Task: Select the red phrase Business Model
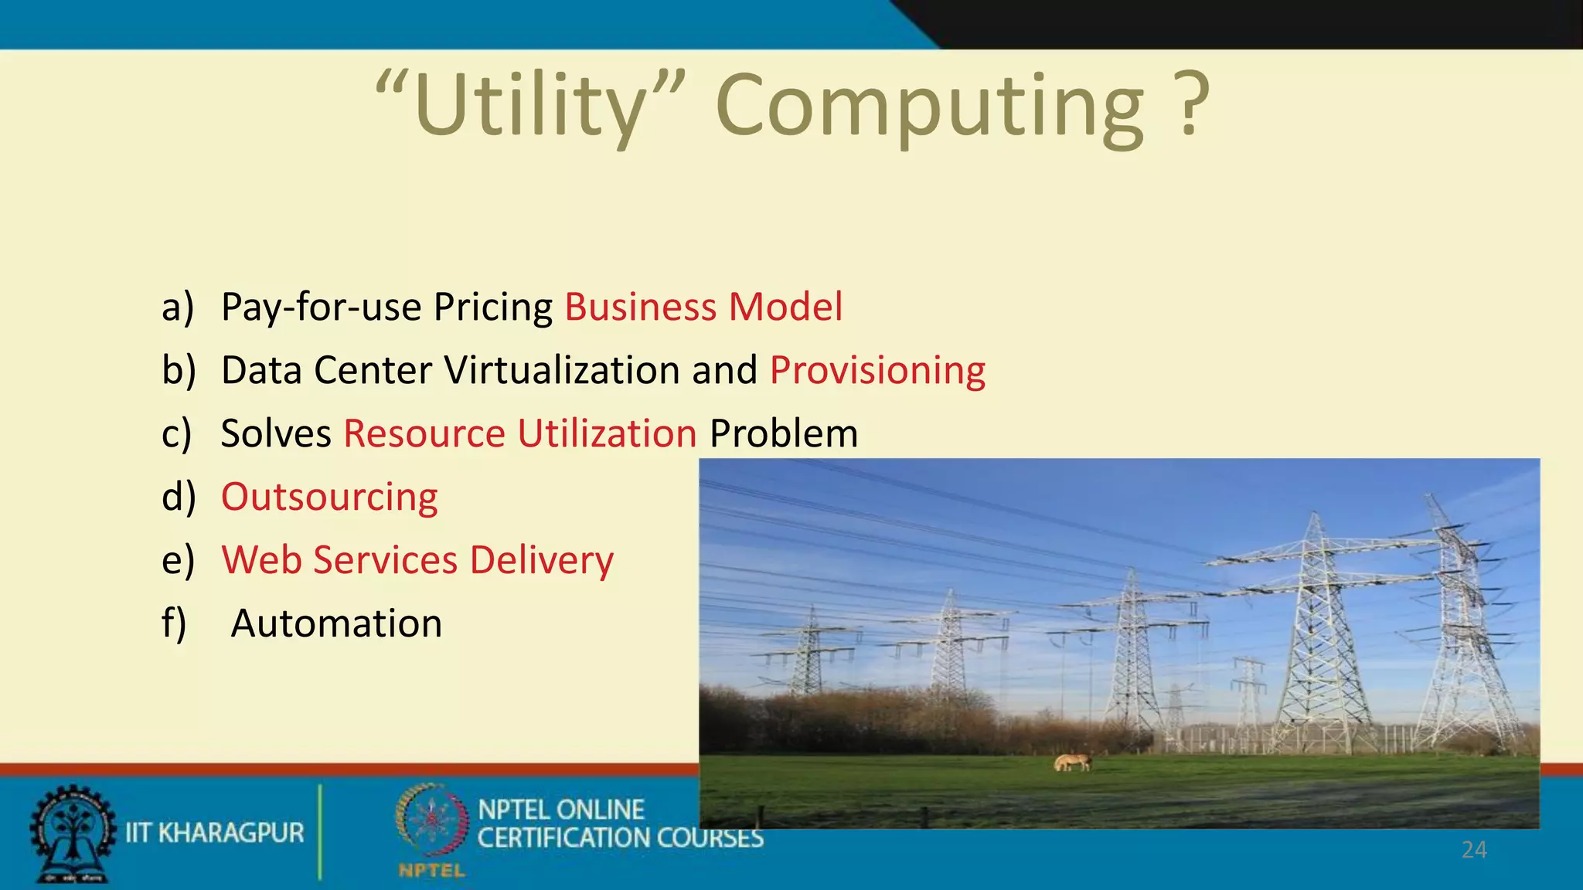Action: click(703, 307)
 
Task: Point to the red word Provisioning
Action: click(877, 370)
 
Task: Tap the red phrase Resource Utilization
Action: click(520, 433)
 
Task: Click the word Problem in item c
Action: click(784, 433)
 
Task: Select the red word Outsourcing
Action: click(329, 497)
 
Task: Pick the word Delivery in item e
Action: click(541, 560)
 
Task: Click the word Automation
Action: click(336, 623)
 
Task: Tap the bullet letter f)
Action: click(174, 623)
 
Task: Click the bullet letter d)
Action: click(178, 497)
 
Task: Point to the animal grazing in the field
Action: click(1073, 763)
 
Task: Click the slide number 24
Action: click(1474, 850)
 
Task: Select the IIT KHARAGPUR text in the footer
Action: click(215, 833)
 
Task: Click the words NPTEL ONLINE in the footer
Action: click(561, 810)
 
